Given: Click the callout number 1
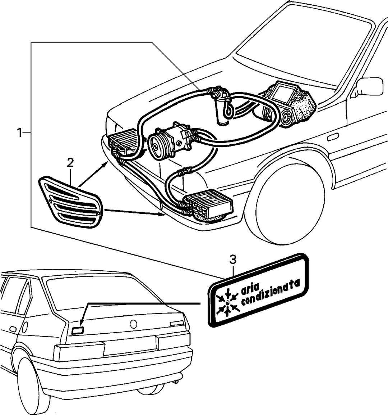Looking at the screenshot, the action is tap(19, 132).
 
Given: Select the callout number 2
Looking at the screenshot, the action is tap(70, 163).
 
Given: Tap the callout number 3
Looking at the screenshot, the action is tap(232, 260).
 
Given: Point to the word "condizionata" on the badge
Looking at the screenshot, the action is tap(271, 293).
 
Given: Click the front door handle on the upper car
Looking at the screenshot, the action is tap(333, 137).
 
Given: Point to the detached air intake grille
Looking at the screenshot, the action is tap(70, 202).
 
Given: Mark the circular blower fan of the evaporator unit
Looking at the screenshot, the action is tap(287, 118).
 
